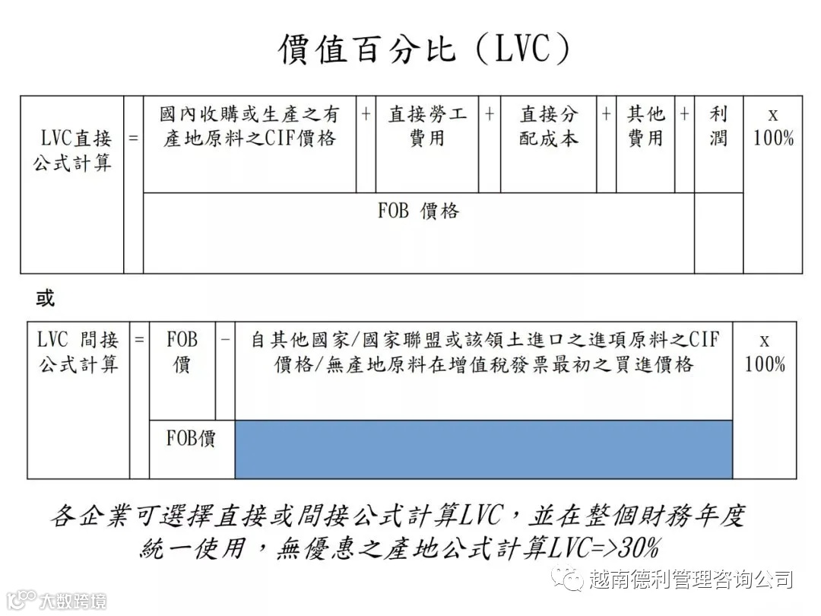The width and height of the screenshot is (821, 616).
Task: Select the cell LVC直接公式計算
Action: (x=72, y=151)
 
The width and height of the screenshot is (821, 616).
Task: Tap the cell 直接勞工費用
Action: (x=427, y=126)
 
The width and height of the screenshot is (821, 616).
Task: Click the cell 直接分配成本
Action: (x=549, y=126)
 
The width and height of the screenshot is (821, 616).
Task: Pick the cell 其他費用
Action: (x=645, y=126)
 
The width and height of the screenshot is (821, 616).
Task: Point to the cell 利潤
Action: (x=718, y=126)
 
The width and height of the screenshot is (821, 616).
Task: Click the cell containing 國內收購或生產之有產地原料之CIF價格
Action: (x=249, y=126)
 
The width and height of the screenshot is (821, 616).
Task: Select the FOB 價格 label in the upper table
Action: (x=419, y=211)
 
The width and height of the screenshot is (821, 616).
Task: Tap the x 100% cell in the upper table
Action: (x=773, y=126)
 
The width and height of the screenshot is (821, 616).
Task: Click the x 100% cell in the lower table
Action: (x=765, y=352)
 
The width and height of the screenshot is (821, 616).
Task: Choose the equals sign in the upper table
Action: (x=134, y=138)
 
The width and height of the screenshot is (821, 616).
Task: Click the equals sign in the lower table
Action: (x=139, y=339)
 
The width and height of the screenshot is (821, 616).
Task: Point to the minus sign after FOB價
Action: (x=225, y=339)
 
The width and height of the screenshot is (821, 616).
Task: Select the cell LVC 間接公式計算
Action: (x=78, y=352)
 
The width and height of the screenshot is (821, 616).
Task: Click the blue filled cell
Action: (x=483, y=449)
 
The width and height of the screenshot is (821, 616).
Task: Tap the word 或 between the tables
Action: (x=46, y=298)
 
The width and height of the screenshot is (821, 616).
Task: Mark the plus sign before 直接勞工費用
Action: (x=366, y=114)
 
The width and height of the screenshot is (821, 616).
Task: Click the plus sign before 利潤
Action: (x=684, y=114)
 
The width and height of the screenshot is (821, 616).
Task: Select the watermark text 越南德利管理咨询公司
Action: (x=690, y=579)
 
